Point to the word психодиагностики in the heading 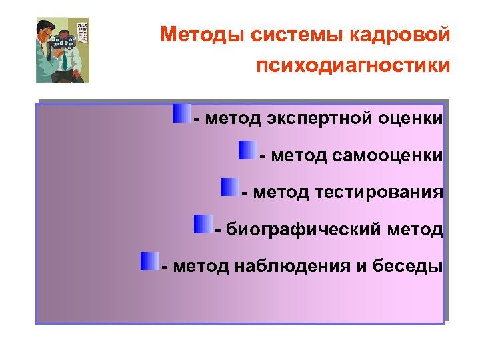click(x=352, y=66)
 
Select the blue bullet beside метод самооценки click(x=247, y=150)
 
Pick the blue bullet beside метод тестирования click(x=229, y=187)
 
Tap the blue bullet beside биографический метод click(x=203, y=224)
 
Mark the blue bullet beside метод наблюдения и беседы click(x=149, y=261)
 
